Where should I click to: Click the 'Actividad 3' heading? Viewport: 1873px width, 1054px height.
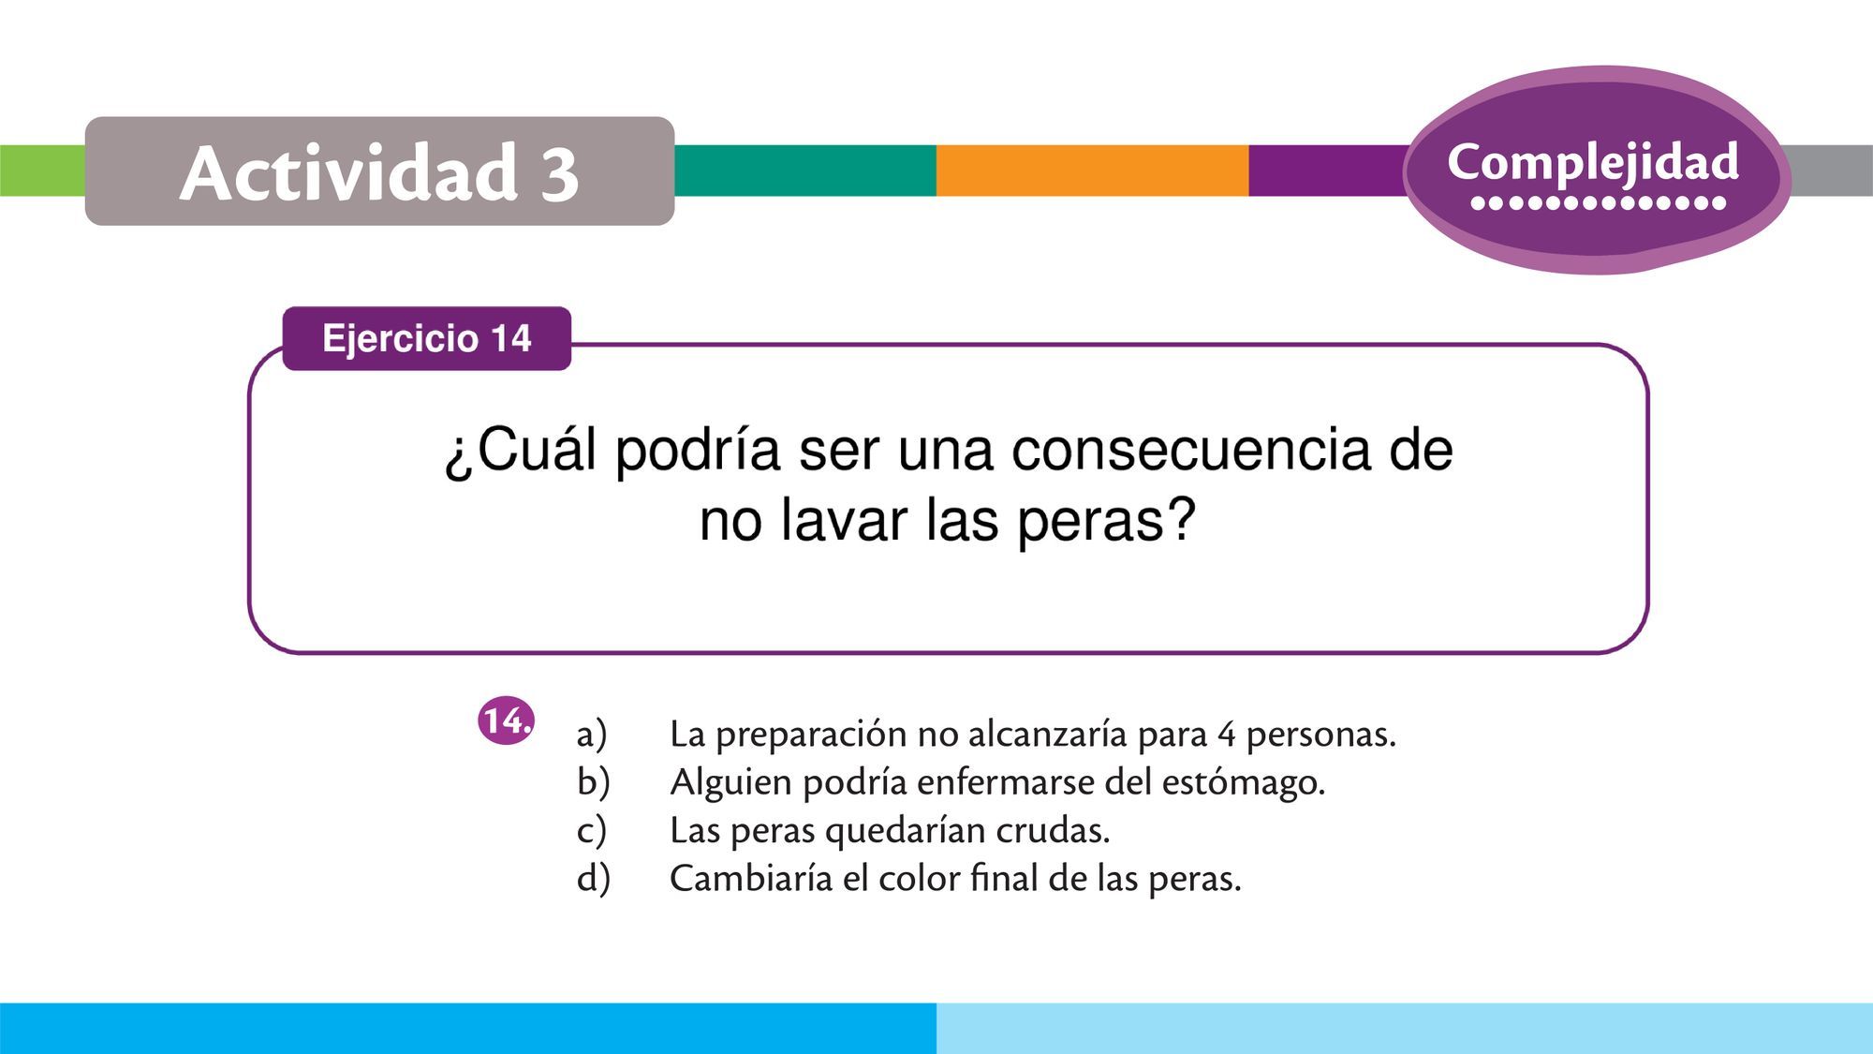pos(379,172)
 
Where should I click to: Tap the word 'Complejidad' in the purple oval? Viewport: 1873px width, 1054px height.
pos(1593,162)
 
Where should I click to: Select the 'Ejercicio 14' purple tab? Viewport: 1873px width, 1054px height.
pos(427,338)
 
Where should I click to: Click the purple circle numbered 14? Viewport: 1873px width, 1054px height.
pos(506,721)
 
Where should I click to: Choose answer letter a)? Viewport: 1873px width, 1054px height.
pos(592,734)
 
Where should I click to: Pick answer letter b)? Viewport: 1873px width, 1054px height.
pos(593,781)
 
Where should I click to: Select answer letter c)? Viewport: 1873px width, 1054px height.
pos(592,830)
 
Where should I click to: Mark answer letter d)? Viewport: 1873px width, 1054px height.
pos(593,878)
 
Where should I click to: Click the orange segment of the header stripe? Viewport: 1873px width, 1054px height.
pos(1092,171)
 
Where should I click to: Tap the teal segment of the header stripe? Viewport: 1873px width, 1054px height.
pos(805,171)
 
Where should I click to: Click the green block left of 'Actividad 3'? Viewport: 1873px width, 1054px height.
pos(43,171)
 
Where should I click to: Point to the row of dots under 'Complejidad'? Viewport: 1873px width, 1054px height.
pos(1599,202)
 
